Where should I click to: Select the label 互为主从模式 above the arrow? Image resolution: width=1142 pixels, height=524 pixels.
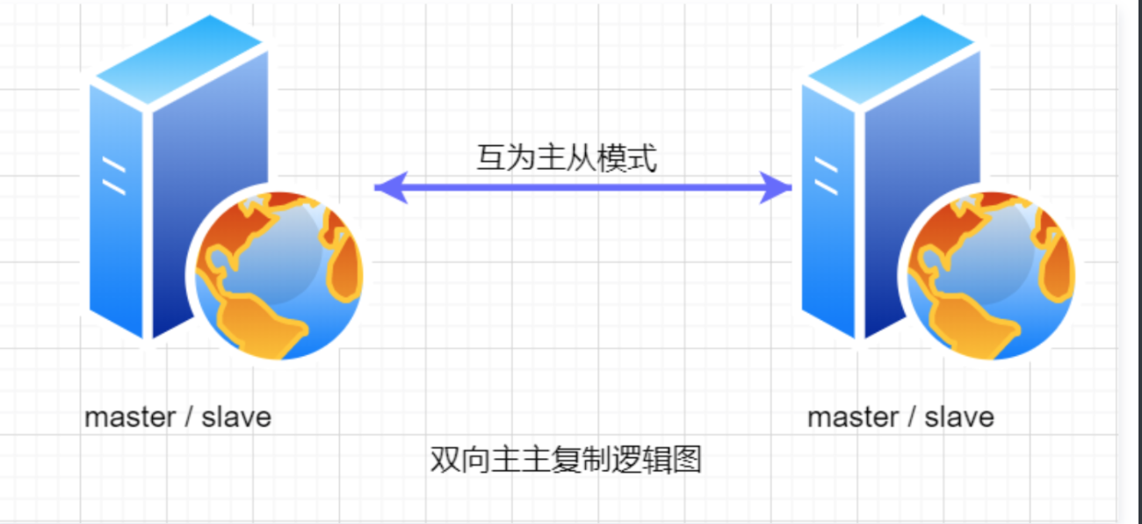(567, 158)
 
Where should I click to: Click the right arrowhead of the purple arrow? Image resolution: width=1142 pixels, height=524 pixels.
(777, 187)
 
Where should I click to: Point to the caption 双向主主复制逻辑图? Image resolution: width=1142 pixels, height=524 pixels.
(566, 460)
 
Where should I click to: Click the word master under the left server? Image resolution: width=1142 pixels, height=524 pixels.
(130, 417)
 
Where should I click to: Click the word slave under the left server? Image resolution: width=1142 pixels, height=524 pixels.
(236, 417)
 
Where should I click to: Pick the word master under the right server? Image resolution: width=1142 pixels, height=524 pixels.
(853, 417)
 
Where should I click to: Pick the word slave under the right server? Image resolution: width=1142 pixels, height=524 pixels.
(959, 417)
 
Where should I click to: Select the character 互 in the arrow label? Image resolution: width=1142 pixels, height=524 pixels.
(490, 158)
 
